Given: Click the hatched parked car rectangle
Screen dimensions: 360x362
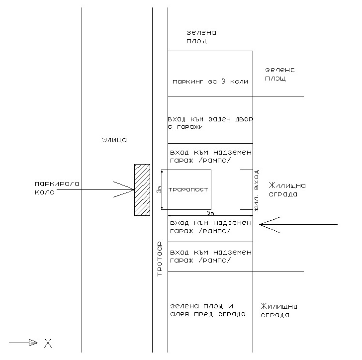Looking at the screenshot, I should pos(142,189).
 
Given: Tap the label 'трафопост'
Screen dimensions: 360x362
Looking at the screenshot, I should pos(187,189).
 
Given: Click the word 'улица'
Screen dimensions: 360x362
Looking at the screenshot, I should pos(114,140).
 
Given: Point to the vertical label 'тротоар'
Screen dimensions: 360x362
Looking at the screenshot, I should pos(160,259).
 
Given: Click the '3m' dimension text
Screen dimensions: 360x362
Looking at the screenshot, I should pos(160,189).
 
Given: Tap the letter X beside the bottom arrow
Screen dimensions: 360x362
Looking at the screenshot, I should pos(48,343).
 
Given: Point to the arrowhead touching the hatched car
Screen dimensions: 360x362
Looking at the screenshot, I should pos(124,189).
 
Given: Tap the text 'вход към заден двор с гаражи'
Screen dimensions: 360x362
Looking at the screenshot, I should pos(211,124).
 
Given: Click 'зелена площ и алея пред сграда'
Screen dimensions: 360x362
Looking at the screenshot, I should pos(207,310).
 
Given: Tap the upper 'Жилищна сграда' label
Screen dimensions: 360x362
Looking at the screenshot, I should pos(286,189).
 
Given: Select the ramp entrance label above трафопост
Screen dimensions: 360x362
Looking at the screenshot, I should pos(211,156).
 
